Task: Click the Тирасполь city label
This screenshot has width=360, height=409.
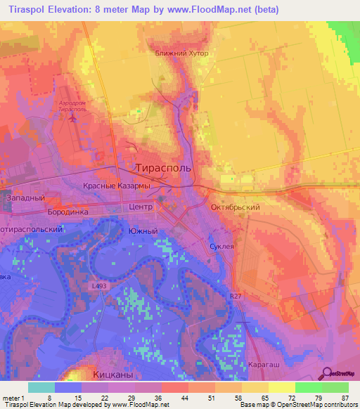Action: (x=162, y=167)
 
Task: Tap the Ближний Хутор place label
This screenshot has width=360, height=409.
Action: (x=182, y=53)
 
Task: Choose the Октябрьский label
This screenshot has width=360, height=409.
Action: (x=236, y=208)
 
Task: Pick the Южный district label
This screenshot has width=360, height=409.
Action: (x=141, y=231)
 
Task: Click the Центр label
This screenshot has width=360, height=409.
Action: (x=141, y=208)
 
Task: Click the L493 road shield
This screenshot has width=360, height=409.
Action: (x=99, y=287)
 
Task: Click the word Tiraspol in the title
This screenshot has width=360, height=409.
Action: (x=26, y=10)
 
